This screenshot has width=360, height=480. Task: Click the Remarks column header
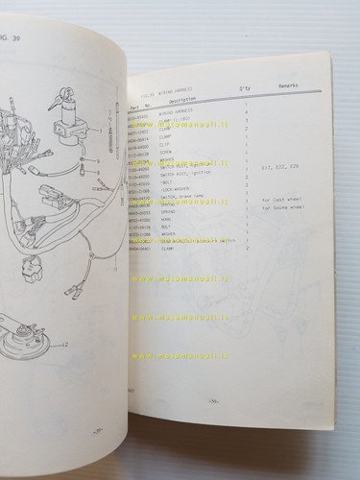(288, 84)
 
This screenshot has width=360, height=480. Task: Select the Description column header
(182, 100)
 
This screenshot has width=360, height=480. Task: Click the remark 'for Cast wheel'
(281, 199)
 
